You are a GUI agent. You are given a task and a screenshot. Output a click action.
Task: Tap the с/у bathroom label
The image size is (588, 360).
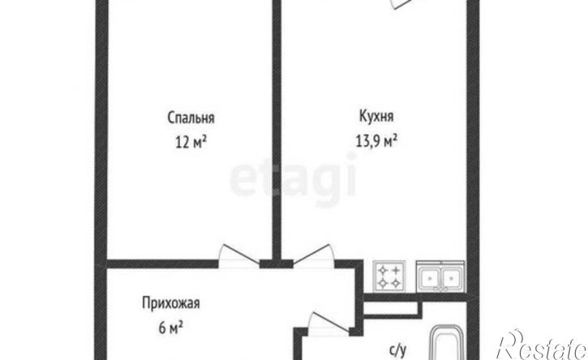point(397,350)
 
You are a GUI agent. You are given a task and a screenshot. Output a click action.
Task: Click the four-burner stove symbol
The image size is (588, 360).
point(388,277)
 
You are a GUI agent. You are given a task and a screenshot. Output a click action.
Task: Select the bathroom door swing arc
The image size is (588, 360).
point(321,323)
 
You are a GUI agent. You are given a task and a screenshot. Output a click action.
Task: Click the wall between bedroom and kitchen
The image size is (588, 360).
point(276,130)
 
